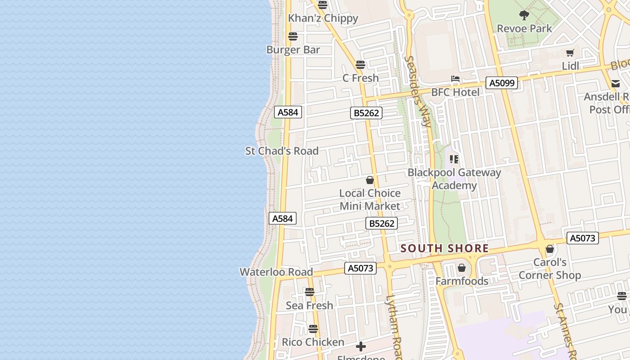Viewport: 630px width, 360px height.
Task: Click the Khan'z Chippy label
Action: click(x=323, y=18)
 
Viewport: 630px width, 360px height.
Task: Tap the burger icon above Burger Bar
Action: click(x=293, y=36)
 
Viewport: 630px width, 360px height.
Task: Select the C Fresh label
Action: click(x=360, y=78)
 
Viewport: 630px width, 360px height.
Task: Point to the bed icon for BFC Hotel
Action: click(x=455, y=79)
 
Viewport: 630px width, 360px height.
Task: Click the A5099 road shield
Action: click(x=502, y=83)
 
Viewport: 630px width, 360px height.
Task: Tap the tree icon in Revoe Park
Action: click(x=524, y=15)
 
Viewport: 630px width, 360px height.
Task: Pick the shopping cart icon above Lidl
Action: click(x=570, y=53)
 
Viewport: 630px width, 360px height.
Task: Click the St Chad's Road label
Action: click(x=282, y=151)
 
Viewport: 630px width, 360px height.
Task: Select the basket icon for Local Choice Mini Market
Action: click(x=370, y=180)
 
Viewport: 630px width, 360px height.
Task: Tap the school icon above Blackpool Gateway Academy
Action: click(x=454, y=159)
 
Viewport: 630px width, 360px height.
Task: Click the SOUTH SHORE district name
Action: click(x=445, y=248)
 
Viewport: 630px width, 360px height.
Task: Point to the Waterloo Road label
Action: click(x=276, y=272)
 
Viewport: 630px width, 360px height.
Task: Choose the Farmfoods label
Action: click(x=462, y=281)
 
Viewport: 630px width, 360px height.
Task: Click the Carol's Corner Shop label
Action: click(x=549, y=269)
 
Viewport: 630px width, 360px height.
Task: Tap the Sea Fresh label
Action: click(x=310, y=306)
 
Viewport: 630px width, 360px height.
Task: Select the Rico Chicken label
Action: click(x=313, y=342)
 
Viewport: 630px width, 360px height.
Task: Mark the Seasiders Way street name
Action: click(x=418, y=90)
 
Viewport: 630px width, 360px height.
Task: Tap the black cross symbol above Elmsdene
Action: click(x=360, y=346)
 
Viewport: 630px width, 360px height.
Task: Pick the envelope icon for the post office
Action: click(x=615, y=83)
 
